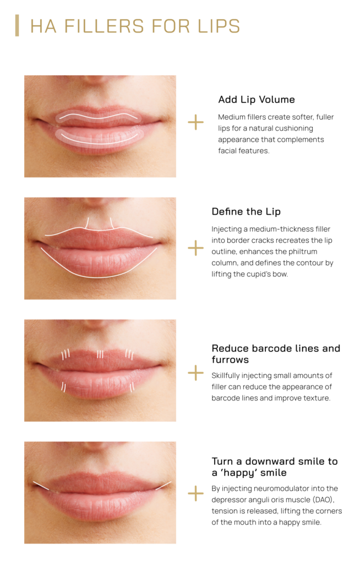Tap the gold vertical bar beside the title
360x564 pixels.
coord(17,26)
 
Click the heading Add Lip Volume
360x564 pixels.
coord(256,100)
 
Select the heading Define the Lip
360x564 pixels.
coord(246,211)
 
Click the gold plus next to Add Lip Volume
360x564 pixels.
coord(195,122)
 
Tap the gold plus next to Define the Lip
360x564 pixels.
coord(195,248)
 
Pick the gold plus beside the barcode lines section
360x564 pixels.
coord(195,373)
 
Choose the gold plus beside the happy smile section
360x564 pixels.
coord(195,493)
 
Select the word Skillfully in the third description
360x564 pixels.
coord(230,376)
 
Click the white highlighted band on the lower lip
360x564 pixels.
coord(99,136)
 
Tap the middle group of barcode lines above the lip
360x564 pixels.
coord(100,354)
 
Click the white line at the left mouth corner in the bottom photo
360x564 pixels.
coord(41,485)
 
